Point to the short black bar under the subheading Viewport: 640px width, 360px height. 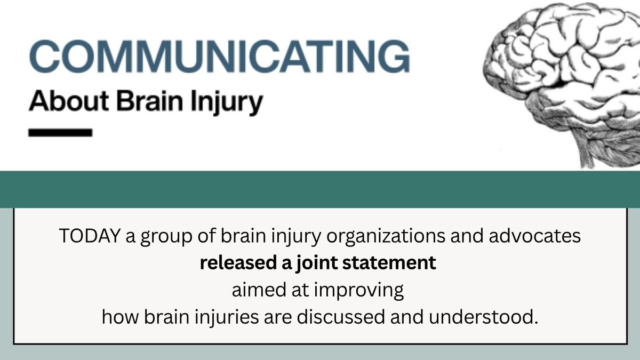[60, 132]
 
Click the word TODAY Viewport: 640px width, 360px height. [90, 237]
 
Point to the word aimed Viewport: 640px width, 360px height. [252, 291]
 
